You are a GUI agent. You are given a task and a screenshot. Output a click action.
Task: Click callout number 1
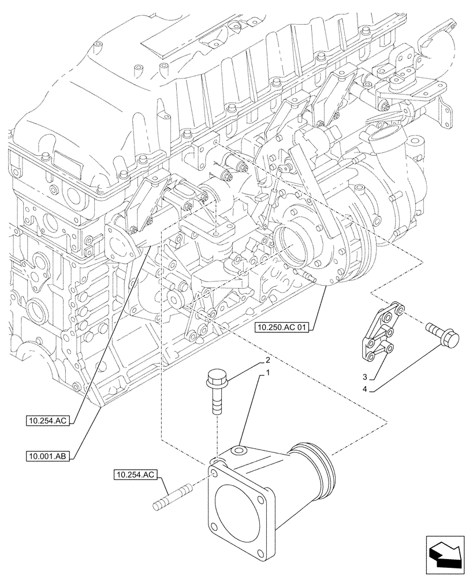point(267,374)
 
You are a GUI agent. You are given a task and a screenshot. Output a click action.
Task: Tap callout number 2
point(267,361)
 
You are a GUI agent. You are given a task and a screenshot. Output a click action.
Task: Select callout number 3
point(365,377)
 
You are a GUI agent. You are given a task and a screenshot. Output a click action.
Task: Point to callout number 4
point(365,389)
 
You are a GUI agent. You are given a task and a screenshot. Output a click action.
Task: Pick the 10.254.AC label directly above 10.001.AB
point(49,422)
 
